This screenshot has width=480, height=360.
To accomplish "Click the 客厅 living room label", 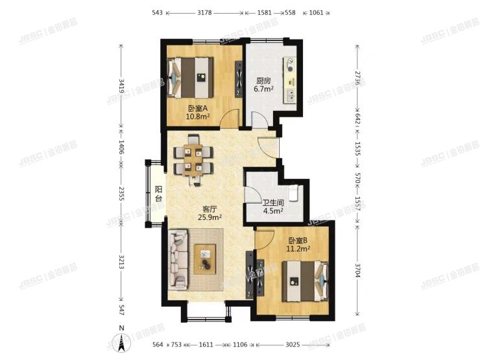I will coord(209,209).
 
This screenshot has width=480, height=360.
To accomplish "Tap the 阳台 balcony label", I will coord(158,194).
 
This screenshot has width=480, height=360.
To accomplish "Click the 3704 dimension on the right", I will coord(357,267).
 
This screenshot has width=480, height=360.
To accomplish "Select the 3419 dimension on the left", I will coord(121,85).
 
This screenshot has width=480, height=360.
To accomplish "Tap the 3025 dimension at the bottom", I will coord(295,344).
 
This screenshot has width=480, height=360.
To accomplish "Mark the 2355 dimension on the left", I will coord(121,196).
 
